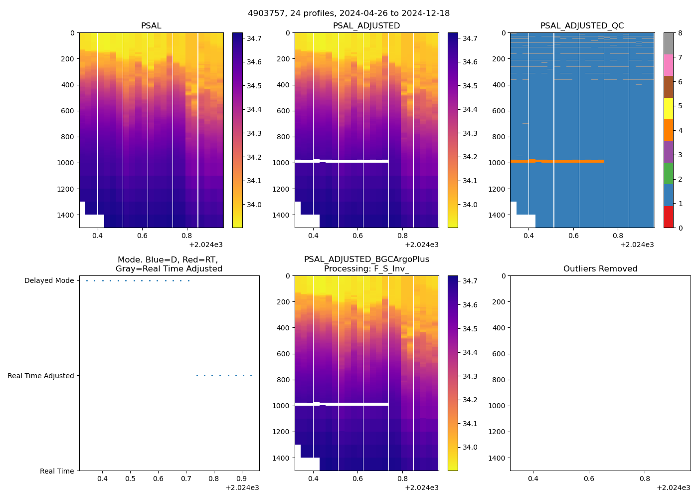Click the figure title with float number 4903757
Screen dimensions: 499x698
click(x=349, y=13)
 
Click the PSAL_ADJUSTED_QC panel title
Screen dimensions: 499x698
click(x=582, y=26)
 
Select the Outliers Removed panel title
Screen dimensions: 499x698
click(x=600, y=269)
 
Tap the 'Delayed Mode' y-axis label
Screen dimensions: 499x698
click(x=49, y=281)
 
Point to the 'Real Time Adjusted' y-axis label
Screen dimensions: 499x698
click(x=41, y=376)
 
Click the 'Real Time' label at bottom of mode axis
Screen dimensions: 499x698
click(x=57, y=471)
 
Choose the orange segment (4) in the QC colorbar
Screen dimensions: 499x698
click(x=668, y=130)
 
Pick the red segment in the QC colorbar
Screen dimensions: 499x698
click(x=668, y=217)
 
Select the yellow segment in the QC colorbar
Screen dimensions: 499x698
click(x=668, y=108)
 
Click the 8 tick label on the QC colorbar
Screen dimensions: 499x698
click(x=681, y=33)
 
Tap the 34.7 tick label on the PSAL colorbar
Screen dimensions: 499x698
click(x=254, y=38)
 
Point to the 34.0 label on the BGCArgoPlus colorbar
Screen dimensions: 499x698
click(x=470, y=448)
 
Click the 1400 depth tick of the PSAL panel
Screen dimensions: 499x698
click(x=66, y=215)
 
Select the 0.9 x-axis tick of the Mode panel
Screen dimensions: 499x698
click(x=241, y=479)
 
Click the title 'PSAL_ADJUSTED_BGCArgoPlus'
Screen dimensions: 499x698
click(x=366, y=259)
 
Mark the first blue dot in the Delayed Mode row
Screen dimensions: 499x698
click(x=87, y=280)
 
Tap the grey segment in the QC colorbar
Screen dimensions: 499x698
click(x=668, y=43)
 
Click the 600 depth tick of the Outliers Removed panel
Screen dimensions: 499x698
click(x=500, y=354)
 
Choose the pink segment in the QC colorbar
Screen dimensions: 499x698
click(x=668, y=65)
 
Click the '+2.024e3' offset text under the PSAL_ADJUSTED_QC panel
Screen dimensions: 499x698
click(x=637, y=245)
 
